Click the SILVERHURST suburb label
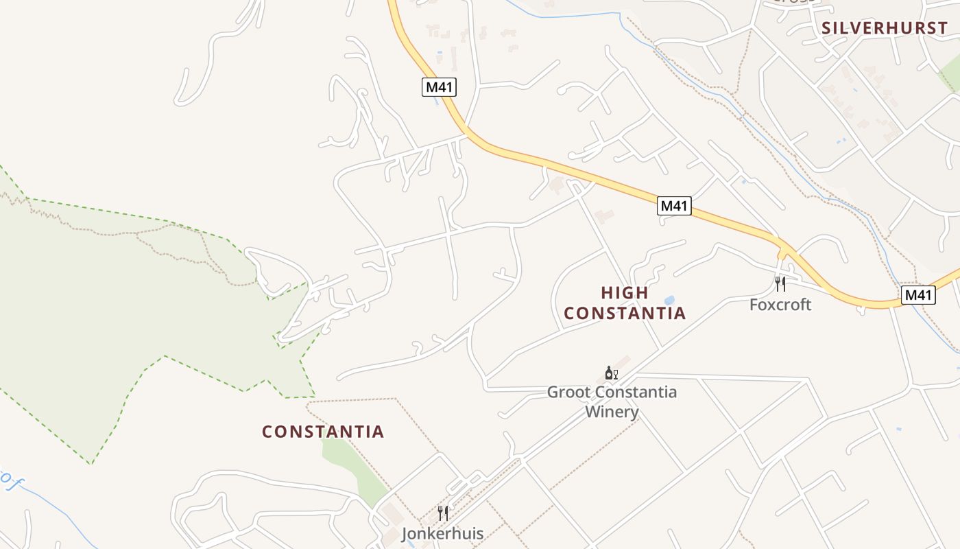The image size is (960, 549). pyautogui.click(x=884, y=28)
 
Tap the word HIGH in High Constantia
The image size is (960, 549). pyautogui.click(x=625, y=293)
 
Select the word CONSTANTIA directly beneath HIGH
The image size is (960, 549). pyautogui.click(x=625, y=314)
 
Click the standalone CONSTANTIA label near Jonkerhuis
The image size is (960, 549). pyautogui.click(x=323, y=432)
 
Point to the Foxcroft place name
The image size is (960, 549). pyautogui.click(x=780, y=305)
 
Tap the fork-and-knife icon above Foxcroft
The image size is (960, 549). pyautogui.click(x=780, y=284)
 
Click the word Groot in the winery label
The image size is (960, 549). pyautogui.click(x=568, y=393)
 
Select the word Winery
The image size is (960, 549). pyautogui.click(x=612, y=412)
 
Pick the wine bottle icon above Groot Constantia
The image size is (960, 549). pyautogui.click(x=608, y=373)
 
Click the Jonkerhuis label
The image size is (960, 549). pyautogui.click(x=442, y=534)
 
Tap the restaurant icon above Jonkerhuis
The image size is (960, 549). pyautogui.click(x=443, y=513)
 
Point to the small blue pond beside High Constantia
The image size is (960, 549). pyautogui.click(x=669, y=301)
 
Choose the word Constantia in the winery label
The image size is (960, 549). pyautogui.click(x=634, y=393)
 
